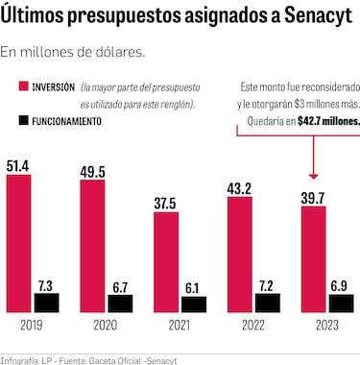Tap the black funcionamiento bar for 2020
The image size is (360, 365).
[x=119, y=303]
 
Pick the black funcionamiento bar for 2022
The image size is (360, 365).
[x=266, y=303]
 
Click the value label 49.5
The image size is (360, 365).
[x=93, y=171]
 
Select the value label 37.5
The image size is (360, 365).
[x=166, y=203]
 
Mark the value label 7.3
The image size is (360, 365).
[x=45, y=284]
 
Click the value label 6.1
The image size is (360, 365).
[x=193, y=287]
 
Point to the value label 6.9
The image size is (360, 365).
[x=340, y=285]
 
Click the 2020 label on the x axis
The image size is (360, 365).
[x=105, y=325]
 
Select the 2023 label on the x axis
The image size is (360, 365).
[x=325, y=325]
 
